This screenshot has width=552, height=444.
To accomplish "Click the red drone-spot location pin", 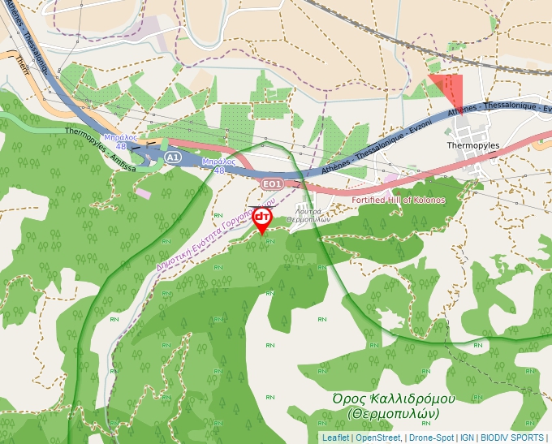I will point(262,218).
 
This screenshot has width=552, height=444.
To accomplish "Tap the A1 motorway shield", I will point(172,156).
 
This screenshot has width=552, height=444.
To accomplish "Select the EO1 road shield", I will point(272,185).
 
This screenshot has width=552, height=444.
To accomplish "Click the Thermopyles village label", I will point(473,146).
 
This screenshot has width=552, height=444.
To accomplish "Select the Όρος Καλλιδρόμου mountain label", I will point(393,399).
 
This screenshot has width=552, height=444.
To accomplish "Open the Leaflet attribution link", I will point(335,438).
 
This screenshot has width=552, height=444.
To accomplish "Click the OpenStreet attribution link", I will point(378,438).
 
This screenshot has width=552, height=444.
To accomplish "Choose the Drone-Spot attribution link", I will point(431,438).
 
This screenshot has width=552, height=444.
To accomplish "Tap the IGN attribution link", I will point(467,438).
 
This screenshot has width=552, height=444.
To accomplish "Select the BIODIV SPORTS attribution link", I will point(512,438).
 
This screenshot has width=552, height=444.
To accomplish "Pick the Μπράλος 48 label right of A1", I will point(219,166).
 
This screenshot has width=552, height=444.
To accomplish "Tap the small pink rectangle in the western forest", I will point(144,193).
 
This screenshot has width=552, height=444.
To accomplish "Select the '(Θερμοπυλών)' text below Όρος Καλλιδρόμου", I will point(393,413).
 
